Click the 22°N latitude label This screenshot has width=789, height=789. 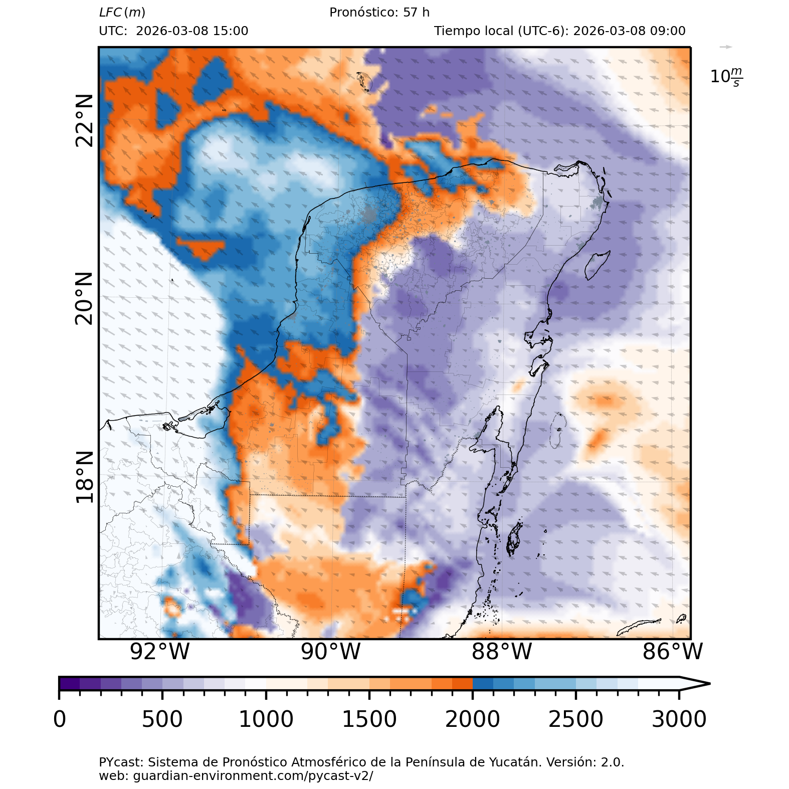(84, 120)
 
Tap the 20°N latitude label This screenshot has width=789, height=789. (84, 299)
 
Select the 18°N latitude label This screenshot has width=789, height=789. (84, 477)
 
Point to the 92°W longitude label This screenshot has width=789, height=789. (159, 652)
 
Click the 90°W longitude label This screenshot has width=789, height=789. (331, 652)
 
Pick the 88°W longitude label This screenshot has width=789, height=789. (502, 652)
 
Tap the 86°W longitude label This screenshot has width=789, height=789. (673, 652)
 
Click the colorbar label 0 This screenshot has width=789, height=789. (60, 719)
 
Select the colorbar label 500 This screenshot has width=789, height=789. (162, 719)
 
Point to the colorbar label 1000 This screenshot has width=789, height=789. (266, 719)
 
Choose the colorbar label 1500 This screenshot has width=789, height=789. (369, 719)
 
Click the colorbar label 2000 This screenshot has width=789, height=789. (472, 719)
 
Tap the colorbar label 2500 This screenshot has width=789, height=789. (575, 719)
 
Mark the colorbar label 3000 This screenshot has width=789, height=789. (679, 719)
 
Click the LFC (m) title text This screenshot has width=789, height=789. (122, 13)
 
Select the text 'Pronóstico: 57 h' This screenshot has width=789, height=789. (379, 13)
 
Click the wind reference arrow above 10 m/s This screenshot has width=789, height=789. (725, 47)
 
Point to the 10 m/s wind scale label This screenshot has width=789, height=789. (726, 77)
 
